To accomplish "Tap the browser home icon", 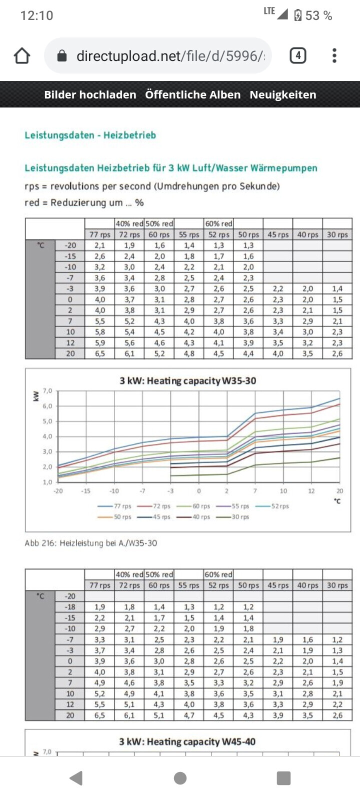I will [22, 55].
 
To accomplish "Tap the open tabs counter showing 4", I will [298, 55].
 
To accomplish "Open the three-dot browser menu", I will [334, 55].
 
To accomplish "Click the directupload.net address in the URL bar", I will [170, 55].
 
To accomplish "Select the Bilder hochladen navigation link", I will [90, 94].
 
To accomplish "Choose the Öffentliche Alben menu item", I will [192, 94].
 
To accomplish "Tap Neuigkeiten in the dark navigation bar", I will [283, 94].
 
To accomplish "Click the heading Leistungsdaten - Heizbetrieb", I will [90, 135].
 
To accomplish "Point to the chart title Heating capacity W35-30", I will [187, 380].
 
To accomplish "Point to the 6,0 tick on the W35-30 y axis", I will [47, 406].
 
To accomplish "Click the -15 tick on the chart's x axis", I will [86, 491].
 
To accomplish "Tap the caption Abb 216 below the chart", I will [90, 543].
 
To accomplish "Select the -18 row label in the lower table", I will [70, 607].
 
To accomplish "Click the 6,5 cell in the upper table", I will [100, 353].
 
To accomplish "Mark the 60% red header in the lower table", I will [218, 574].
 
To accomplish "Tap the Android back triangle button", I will [76, 778].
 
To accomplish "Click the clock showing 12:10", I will [36, 15].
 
